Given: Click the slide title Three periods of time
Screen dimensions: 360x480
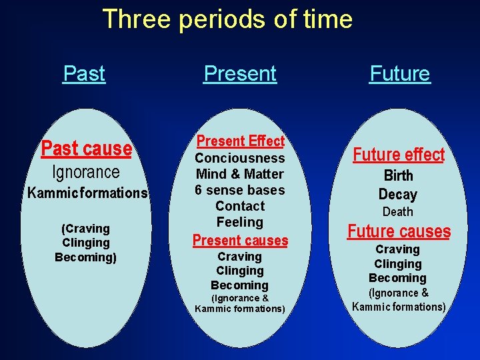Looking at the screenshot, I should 227,19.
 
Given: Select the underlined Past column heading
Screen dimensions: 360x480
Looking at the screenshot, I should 84,73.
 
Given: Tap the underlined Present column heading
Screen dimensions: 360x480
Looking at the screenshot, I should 240,73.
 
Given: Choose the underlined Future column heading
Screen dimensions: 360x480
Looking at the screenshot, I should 400,73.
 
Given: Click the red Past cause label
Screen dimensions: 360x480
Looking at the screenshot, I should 87,148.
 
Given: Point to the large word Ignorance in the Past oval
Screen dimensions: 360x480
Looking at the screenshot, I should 86,172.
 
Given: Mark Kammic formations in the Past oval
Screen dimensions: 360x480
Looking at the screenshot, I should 87,193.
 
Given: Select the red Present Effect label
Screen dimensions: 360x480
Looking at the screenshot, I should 240,141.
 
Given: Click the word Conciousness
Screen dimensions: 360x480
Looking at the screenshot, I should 240,158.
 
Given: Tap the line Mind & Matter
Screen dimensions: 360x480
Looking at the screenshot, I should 240,174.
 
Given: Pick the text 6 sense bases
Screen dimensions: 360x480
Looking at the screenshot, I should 240,190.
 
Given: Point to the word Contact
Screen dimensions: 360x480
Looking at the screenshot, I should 240,206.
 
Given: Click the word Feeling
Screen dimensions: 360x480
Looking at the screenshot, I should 240,222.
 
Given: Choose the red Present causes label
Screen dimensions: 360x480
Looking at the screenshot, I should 240,240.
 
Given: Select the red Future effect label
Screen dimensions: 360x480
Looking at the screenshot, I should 399,155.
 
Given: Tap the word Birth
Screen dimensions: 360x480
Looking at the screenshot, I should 398,176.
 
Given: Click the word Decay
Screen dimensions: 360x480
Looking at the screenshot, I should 398,195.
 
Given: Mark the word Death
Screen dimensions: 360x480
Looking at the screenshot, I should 398,212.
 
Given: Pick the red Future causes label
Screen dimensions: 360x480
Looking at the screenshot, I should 399,232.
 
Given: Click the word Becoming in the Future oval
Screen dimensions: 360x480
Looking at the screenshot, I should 398,278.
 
